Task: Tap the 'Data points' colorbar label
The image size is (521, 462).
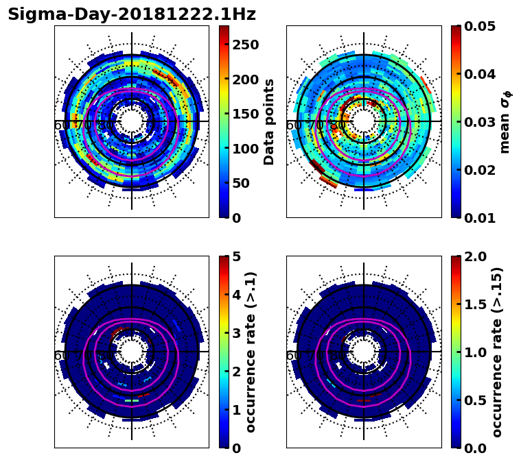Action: [x=269, y=121]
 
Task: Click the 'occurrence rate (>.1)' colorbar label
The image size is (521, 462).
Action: [x=251, y=352]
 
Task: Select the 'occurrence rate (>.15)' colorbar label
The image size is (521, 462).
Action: [x=497, y=352]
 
